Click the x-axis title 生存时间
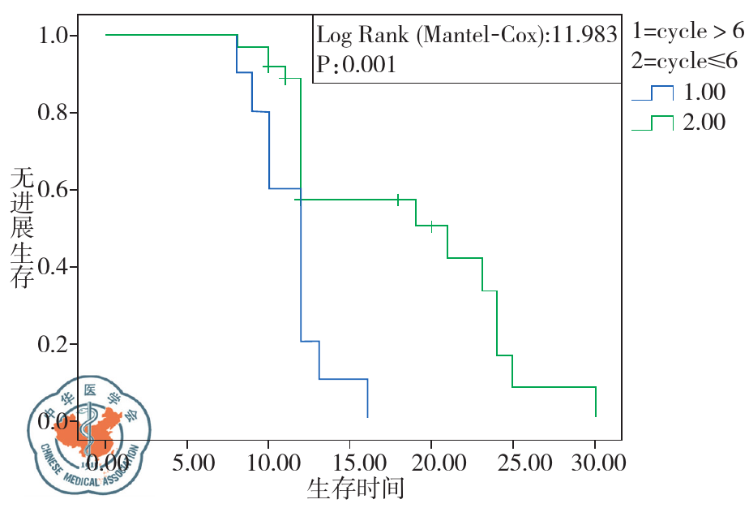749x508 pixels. pyautogui.click(x=355, y=489)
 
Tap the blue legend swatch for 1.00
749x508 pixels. pyautogui.click(x=653, y=93)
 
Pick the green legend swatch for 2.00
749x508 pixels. pyautogui.click(x=653, y=123)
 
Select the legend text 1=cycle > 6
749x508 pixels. pyautogui.click(x=687, y=32)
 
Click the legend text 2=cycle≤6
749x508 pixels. pyautogui.click(x=687, y=62)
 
